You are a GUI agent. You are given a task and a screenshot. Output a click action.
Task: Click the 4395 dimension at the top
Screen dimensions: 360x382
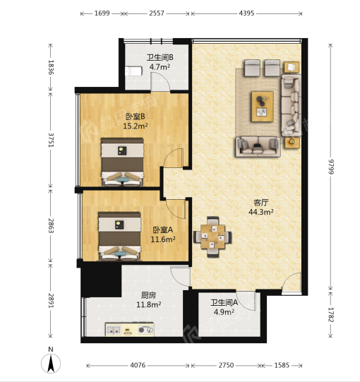(x=246, y=13)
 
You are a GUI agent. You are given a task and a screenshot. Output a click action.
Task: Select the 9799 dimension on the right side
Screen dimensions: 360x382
(x=330, y=167)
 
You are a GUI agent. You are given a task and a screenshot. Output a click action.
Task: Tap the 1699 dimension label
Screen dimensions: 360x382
(x=102, y=13)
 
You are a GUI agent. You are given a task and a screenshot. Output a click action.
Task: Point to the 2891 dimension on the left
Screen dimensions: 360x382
(x=51, y=300)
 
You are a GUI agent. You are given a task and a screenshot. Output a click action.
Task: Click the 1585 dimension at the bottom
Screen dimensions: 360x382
(x=282, y=365)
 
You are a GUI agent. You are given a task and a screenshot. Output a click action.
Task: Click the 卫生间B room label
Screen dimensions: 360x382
(x=160, y=57)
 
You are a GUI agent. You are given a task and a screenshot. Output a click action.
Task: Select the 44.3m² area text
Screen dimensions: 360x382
(x=261, y=212)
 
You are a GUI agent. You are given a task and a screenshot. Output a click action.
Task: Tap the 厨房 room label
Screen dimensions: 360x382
(x=148, y=295)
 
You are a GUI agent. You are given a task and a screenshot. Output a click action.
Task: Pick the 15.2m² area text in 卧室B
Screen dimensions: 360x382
(x=136, y=126)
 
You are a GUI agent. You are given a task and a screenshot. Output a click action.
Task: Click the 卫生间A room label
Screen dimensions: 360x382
(x=224, y=303)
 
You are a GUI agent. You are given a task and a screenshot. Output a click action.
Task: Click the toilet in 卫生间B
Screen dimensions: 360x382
(x=133, y=71)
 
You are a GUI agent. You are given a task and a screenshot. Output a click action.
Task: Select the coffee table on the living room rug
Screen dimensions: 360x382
(x=263, y=107)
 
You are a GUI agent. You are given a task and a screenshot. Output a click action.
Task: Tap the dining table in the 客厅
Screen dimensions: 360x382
(x=212, y=237)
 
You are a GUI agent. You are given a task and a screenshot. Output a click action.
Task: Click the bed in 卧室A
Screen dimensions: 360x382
(x=119, y=236)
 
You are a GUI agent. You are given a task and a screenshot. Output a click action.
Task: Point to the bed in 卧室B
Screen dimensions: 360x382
(x=122, y=162)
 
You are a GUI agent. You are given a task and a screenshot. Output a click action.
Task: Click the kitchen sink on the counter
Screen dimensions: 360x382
(x=114, y=330)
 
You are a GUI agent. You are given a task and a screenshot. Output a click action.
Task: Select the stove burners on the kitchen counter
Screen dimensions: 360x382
(x=145, y=330)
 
